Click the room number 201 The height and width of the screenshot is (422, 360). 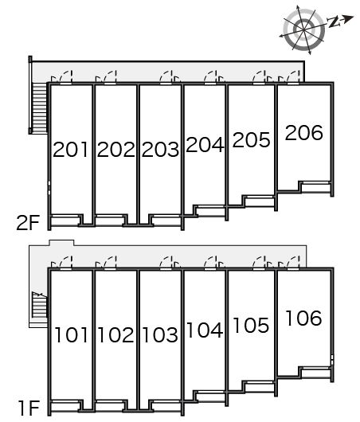tap(71, 150)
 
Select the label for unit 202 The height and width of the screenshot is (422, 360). tap(115, 150)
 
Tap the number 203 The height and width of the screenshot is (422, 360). tap(160, 150)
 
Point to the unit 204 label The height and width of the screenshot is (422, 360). tap(205, 145)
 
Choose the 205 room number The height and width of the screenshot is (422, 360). tap(251, 139)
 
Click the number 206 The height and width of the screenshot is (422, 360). tap(303, 132)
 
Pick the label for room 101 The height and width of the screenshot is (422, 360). tap(72, 335)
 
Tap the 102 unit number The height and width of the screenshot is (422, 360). tap(115, 335)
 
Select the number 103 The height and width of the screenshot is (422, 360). tap(160, 335)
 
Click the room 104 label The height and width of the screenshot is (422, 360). tap(205, 330)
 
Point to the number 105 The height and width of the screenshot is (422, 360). tap(251, 326)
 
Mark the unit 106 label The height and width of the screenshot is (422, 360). tap(303, 318)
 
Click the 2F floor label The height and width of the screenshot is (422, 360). tap(28, 223)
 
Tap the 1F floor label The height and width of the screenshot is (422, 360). tap(29, 408)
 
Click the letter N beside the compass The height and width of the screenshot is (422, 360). tap(334, 22)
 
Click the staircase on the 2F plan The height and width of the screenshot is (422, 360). tap(40, 107)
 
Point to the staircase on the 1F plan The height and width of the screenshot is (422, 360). tap(40, 304)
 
